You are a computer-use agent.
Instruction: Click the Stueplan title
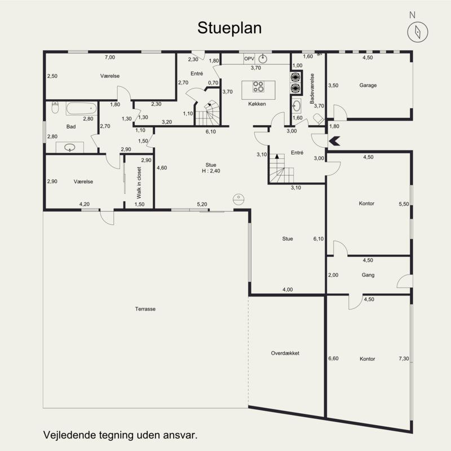pyautogui.click(x=229, y=28)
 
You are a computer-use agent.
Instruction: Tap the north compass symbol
pyautogui.click(x=418, y=32)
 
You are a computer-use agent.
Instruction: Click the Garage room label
pyautogui.click(x=368, y=85)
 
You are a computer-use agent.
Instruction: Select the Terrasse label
pyautogui.click(x=145, y=309)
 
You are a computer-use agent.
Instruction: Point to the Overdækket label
pyautogui.click(x=285, y=353)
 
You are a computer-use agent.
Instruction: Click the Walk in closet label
pyautogui.click(x=139, y=183)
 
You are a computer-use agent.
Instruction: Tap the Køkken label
pyautogui.click(x=257, y=104)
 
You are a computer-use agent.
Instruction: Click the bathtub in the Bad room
pyautogui.click(x=81, y=108)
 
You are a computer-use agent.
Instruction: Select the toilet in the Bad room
pyautogui.click(x=55, y=107)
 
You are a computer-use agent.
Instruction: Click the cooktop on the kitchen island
pyautogui.click(x=258, y=87)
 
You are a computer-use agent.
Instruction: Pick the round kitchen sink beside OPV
pyautogui.click(x=263, y=59)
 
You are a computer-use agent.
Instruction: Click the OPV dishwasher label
pyautogui.click(x=249, y=59)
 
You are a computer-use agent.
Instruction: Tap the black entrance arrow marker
pyautogui.click(x=334, y=141)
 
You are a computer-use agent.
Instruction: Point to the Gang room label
pyautogui.click(x=368, y=275)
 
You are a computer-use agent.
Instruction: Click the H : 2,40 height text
pyautogui.click(x=211, y=171)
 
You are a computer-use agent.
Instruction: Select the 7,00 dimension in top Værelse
pyautogui.click(x=110, y=58)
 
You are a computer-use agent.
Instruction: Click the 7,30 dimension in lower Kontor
pyautogui.click(x=404, y=359)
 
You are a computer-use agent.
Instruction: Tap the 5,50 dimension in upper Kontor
pyautogui.click(x=404, y=204)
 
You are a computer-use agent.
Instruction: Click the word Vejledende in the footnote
pyautogui.click(x=69, y=435)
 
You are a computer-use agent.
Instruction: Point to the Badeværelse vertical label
pyautogui.click(x=312, y=89)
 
